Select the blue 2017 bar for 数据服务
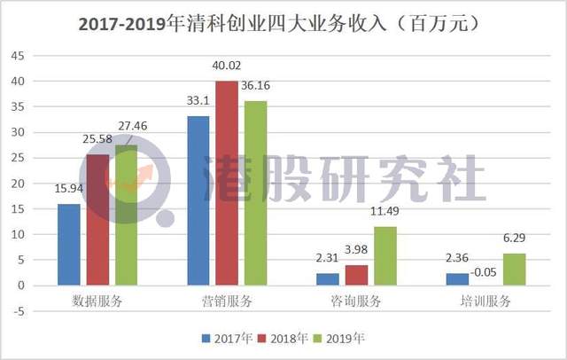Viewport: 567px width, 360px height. (x=69, y=245)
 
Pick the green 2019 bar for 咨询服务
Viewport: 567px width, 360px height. (x=384, y=255)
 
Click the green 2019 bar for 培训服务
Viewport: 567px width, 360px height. (x=513, y=269)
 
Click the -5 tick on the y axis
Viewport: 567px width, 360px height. (x=19, y=310)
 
